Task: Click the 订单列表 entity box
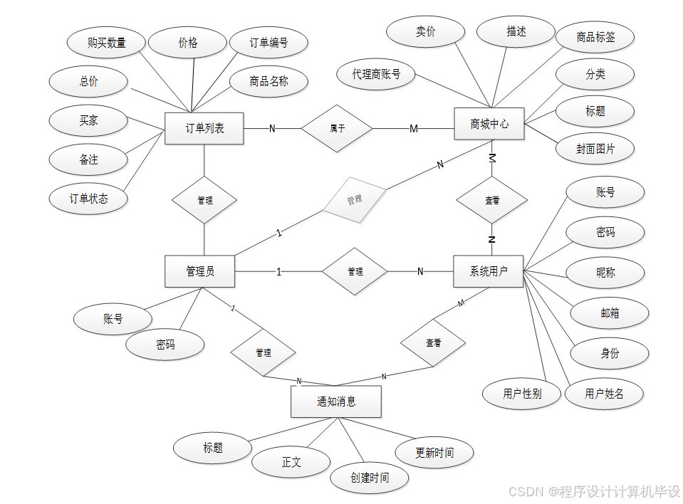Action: pyautogui.click(x=204, y=128)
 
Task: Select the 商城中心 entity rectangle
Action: pyautogui.click(x=489, y=124)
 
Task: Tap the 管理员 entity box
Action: pyautogui.click(x=200, y=271)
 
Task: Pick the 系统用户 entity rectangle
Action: pyautogui.click(x=488, y=271)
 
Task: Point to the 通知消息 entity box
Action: pyautogui.click(x=336, y=401)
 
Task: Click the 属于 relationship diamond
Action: pyautogui.click(x=337, y=129)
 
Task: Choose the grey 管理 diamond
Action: pyautogui.click(x=355, y=201)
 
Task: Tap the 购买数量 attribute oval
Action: pyautogui.click(x=107, y=43)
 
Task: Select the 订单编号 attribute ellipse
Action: pyautogui.click(x=268, y=43)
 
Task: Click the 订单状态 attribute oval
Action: pyautogui.click(x=88, y=199)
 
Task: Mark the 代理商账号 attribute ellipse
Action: pyautogui.click(x=376, y=73)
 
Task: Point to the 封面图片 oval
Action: pyautogui.click(x=595, y=149)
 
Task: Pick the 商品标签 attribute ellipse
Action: pyautogui.click(x=595, y=38)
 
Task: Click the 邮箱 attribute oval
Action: pyautogui.click(x=610, y=313)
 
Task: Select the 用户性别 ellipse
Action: pyautogui.click(x=522, y=393)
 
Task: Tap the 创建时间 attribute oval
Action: pyautogui.click(x=370, y=477)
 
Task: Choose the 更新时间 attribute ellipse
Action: pyautogui.click(x=434, y=452)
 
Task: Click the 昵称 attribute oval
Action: pyautogui.click(x=605, y=272)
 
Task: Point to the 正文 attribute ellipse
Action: pyautogui.click(x=291, y=462)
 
